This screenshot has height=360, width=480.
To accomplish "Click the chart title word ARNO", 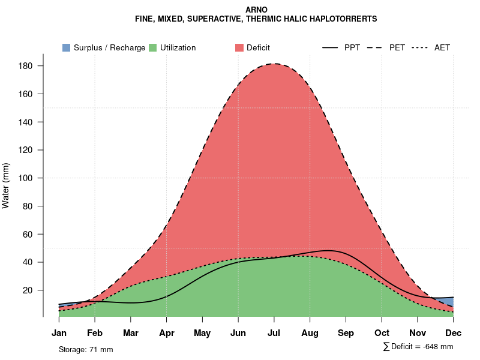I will coord(256,10).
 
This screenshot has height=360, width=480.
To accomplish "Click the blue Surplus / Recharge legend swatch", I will coord(67,47).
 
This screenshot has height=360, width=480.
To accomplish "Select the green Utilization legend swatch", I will coord(153,47).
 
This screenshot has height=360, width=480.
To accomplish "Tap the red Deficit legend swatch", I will coord(239,47).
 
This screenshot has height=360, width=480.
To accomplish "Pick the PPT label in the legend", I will coord(352,47).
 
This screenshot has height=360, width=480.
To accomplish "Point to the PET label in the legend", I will coord(397,47).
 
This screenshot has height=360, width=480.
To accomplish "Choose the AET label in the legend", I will coord(442,47).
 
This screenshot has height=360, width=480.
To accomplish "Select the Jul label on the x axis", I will coord(274,333).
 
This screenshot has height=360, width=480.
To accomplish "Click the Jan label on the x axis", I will coord(59,333).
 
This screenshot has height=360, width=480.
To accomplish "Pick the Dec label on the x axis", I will coord(454,333).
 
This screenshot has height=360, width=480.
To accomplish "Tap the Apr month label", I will coord(167,333).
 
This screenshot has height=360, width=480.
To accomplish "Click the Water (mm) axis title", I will coord(6,185).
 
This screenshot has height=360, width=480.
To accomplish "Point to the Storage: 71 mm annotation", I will coord(86,349).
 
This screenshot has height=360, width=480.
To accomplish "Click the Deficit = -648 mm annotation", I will coord(421,347).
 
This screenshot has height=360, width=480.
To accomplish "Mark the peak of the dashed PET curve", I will coord(274,64).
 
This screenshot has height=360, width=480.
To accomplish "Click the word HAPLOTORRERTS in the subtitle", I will coord(344,19).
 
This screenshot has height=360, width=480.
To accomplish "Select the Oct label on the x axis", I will coord(382,333).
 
